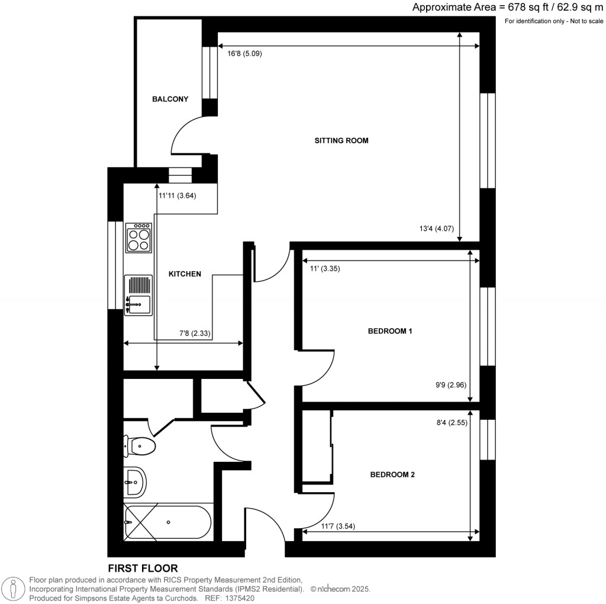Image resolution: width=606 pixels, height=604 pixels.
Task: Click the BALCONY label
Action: (170, 99)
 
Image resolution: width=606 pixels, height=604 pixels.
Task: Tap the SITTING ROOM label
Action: (341, 141)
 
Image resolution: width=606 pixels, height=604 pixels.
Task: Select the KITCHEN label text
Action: (185, 274)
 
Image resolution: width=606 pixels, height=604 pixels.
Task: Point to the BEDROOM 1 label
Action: (390, 331)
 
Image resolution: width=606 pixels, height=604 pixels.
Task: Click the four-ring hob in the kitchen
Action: (139, 237)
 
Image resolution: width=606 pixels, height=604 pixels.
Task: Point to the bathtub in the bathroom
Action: (167, 522)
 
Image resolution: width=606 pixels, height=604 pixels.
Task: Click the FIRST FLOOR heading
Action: (143, 568)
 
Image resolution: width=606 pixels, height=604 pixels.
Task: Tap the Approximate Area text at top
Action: (507, 8)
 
